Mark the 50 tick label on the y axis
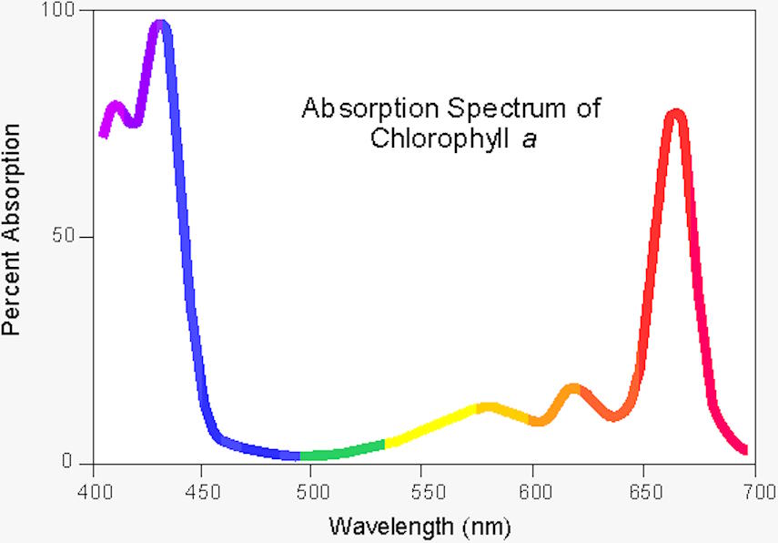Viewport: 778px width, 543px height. [x=76, y=237]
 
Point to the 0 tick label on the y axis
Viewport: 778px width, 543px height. [x=81, y=462]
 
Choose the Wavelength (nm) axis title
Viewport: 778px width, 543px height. [x=419, y=526]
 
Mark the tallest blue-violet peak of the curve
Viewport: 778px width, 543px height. [x=161, y=26]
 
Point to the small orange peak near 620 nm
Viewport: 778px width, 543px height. [x=573, y=390]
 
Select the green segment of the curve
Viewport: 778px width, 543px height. [x=341, y=451]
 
